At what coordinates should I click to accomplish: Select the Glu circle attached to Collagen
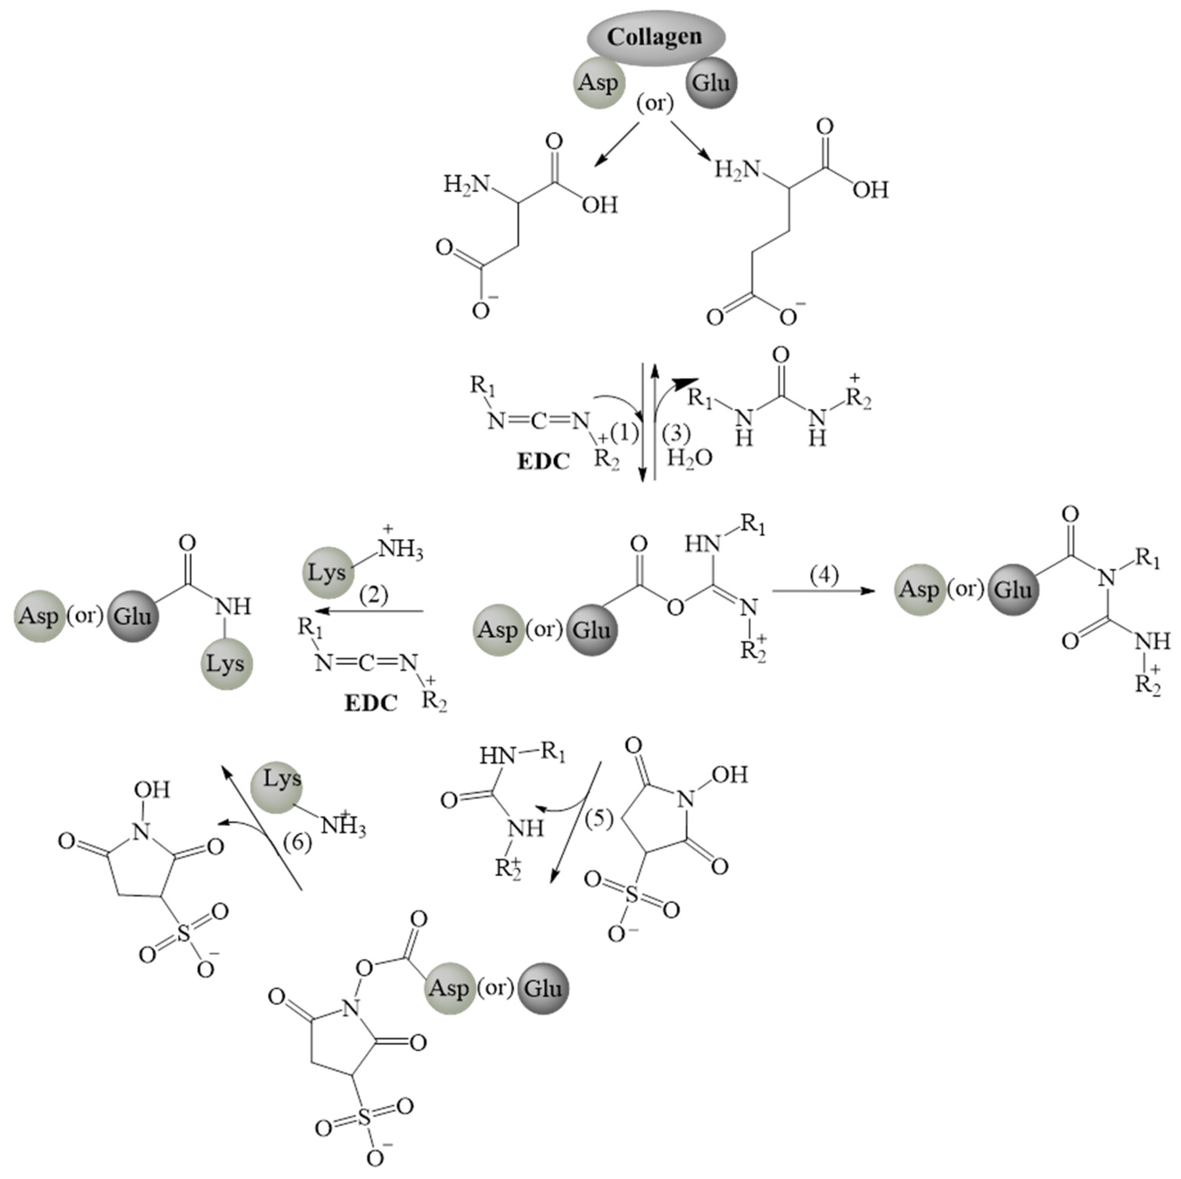(x=712, y=83)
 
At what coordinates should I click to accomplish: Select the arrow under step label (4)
(x=823, y=591)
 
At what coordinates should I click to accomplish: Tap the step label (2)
(x=374, y=594)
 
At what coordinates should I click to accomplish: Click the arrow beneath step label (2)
(x=370, y=611)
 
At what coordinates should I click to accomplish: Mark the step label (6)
(x=298, y=843)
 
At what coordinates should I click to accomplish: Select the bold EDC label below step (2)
(x=370, y=703)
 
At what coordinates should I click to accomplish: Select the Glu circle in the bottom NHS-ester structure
(x=543, y=988)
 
